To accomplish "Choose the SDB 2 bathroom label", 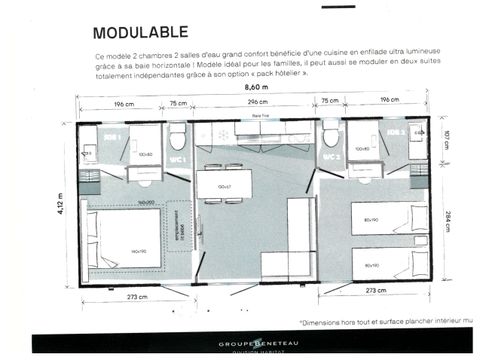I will click(x=394, y=132).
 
